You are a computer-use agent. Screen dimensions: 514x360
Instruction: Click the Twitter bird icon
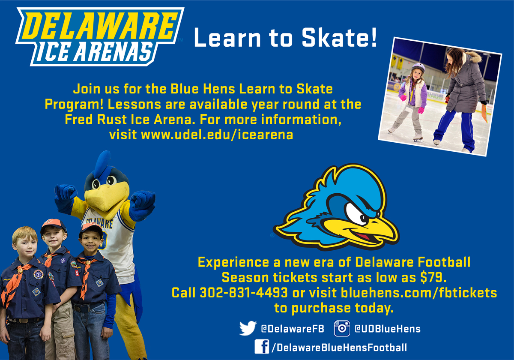pos(248,328)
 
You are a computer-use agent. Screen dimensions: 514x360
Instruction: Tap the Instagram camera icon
pos(342,328)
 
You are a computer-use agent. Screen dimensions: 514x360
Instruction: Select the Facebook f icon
pos(262,347)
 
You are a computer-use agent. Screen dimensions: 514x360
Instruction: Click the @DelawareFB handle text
pos(293,329)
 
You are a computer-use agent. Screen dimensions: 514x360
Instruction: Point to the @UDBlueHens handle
pos(388,329)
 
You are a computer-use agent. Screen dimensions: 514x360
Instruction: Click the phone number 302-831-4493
pos(244,293)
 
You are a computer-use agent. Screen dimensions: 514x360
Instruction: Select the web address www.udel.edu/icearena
pos(217,135)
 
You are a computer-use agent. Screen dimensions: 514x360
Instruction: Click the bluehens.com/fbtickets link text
pos(419,293)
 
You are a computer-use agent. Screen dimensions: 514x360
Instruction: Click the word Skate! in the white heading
pos(339,37)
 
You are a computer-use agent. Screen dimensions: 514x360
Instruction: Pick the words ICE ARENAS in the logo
pos(94,53)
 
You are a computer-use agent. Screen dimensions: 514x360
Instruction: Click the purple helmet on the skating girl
pos(418,67)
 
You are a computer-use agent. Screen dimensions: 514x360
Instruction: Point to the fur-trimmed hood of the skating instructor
pos(473,57)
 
